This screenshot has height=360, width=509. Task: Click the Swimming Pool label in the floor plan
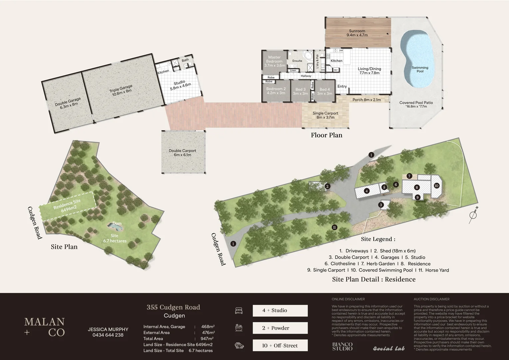420,69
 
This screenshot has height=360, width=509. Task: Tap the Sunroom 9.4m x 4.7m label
357,33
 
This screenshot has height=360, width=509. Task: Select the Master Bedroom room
274,61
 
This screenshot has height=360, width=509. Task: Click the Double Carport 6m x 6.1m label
182,153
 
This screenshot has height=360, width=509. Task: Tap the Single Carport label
325,115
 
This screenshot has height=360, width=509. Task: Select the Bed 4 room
324,91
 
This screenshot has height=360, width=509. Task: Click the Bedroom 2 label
276,91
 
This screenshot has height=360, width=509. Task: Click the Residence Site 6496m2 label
67,206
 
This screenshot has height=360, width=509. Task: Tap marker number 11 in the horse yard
334,227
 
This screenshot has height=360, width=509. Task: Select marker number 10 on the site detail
436,186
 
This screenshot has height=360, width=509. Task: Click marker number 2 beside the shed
327,186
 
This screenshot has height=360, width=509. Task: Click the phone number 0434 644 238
108,335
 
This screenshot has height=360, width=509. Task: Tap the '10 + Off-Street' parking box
280,345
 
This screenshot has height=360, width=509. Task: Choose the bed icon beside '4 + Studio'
239,310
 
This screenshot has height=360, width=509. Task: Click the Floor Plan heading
326,135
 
